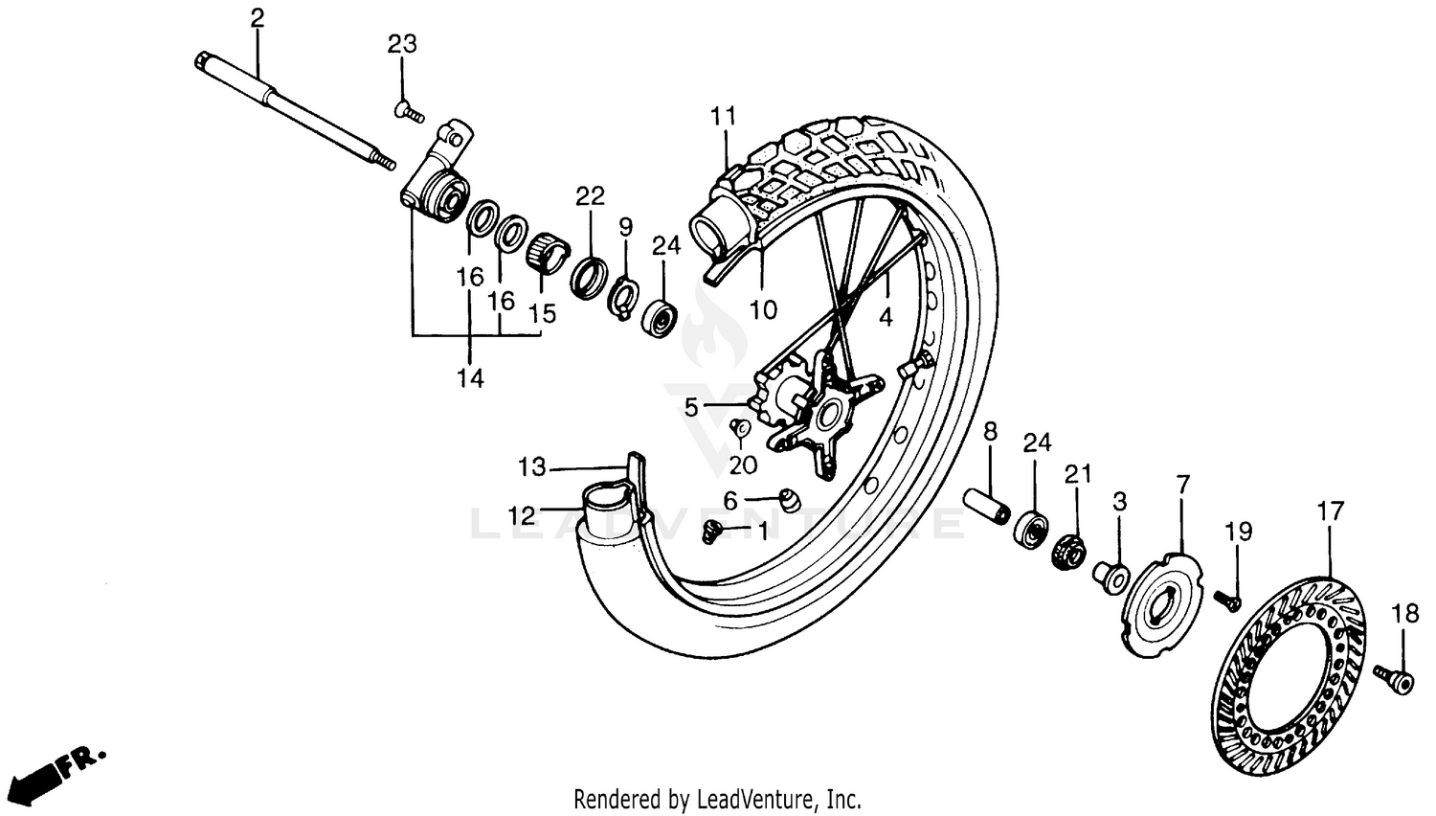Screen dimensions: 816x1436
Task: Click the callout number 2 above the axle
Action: (x=256, y=17)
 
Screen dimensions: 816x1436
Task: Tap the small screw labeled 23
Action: (x=409, y=112)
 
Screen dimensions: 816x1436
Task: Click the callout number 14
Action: (x=470, y=378)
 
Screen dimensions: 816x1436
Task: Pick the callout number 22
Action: (x=591, y=196)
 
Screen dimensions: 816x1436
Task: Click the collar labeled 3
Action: (x=1110, y=576)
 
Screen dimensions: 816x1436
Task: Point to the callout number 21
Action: (x=1079, y=473)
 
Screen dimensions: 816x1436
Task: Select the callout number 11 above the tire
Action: (x=724, y=117)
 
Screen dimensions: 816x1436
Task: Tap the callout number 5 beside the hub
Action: (x=691, y=408)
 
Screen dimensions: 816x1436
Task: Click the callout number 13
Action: (x=532, y=467)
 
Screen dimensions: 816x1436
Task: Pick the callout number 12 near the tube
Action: (x=522, y=516)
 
